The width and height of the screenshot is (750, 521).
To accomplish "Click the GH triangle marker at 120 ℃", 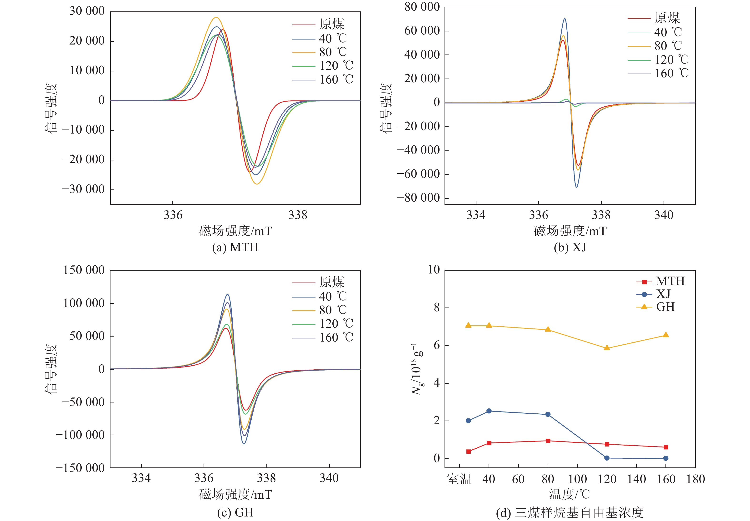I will point(607,348).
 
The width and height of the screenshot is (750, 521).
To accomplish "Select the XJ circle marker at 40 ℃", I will point(489,411).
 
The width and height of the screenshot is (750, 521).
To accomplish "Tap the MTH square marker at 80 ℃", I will point(548,441).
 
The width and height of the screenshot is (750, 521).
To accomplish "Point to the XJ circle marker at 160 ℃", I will point(666,458).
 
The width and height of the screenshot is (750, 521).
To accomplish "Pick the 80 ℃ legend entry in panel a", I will point(333,52).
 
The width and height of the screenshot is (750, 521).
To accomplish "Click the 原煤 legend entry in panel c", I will point(332,282).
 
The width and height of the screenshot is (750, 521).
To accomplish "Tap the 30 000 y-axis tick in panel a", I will point(87,11).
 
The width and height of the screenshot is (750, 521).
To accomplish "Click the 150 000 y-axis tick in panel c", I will point(84,270).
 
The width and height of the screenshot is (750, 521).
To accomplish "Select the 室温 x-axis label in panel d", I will point(459,479).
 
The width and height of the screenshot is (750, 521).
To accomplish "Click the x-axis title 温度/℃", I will point(570,494).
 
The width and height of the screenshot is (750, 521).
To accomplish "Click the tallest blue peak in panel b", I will point(565,19).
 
